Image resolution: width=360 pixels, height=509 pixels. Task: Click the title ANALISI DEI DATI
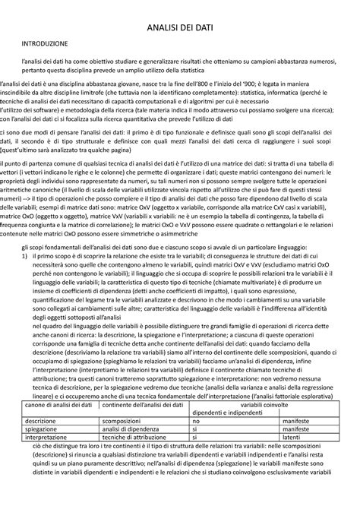[180, 29]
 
